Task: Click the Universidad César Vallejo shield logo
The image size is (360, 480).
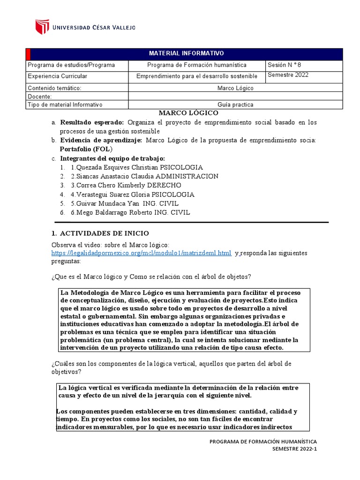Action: click(42, 27)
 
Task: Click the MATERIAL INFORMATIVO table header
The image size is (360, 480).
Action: click(186, 54)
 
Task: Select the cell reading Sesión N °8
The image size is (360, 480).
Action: click(285, 65)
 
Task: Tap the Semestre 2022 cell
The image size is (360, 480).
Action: click(288, 75)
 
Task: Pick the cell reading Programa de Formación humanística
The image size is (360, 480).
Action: click(196, 65)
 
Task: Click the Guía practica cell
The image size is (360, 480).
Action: click(235, 105)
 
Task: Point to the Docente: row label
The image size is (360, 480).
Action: click(40, 97)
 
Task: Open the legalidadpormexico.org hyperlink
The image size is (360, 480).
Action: click(141, 253)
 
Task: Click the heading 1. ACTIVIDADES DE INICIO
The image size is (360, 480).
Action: click(99, 233)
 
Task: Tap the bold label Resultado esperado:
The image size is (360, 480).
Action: click(91, 122)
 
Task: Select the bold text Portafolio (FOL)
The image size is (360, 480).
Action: click(86, 149)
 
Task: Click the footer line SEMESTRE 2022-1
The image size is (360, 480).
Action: click(294, 449)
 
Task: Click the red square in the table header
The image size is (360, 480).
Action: click(28, 54)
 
